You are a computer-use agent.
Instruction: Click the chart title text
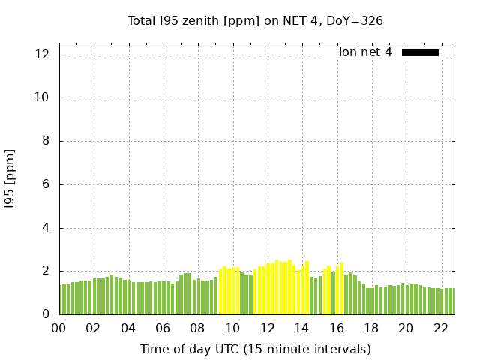click(255, 20)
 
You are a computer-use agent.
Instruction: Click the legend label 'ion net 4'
click(365, 52)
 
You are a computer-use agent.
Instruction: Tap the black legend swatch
click(420, 52)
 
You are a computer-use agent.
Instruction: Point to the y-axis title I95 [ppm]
click(10, 178)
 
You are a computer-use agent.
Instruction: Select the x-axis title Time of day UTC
click(255, 349)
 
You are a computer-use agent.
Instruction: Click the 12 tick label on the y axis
click(42, 55)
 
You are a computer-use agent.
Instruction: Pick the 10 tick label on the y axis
click(42, 97)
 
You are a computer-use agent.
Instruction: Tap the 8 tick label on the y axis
click(46, 141)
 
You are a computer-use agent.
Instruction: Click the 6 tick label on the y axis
click(46, 184)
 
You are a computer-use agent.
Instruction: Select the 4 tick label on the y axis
click(46, 228)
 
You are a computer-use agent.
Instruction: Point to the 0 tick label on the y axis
click(46, 314)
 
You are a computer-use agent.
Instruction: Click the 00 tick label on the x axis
click(58, 328)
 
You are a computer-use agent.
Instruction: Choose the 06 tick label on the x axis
click(163, 328)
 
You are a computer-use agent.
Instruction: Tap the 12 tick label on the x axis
click(266, 328)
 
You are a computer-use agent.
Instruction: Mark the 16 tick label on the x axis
click(336, 328)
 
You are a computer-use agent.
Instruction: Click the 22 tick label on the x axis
click(440, 328)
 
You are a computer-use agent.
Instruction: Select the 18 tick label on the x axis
click(370, 328)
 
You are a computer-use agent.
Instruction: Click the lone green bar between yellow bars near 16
click(334, 292)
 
